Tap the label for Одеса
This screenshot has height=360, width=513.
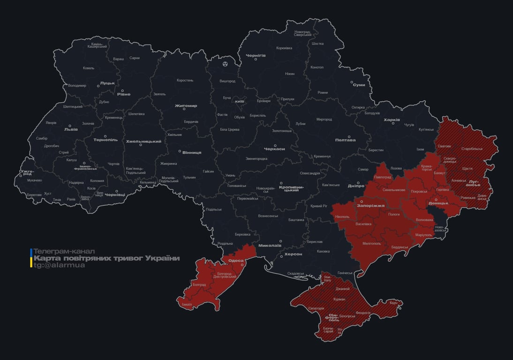pos(236,261)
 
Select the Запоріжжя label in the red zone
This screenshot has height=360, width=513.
pos(370,205)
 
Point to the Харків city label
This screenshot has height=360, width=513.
pos(392,120)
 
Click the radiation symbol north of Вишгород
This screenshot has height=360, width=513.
pos(225,63)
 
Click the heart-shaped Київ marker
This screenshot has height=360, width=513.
pos(239,101)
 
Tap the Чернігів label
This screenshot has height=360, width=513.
pos(256,55)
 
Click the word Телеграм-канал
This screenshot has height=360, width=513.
pos(64,251)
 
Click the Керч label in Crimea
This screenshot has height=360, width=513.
pos(393,303)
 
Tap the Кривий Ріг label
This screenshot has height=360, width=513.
pos(319,206)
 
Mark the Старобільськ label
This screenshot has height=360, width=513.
pos(472,149)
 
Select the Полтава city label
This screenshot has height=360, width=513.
pos(345,140)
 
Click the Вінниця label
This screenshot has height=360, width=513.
pos(192,152)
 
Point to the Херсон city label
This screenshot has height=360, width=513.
pos(294,254)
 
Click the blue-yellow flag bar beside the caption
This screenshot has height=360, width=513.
pos(31,258)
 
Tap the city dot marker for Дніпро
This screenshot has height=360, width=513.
pos(358,183)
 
